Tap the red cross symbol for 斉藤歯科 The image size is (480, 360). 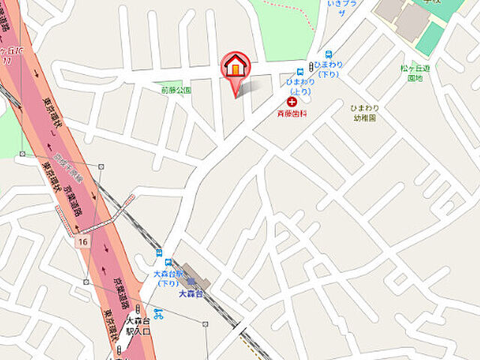[x=291, y=100]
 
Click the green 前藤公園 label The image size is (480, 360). [x=176, y=90]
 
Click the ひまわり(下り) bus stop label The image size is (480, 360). [x=328, y=69]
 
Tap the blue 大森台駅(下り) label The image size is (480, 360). [x=169, y=278]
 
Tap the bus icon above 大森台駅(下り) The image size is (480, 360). [x=169, y=262]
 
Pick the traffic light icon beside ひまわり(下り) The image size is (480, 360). [x=310, y=69]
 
